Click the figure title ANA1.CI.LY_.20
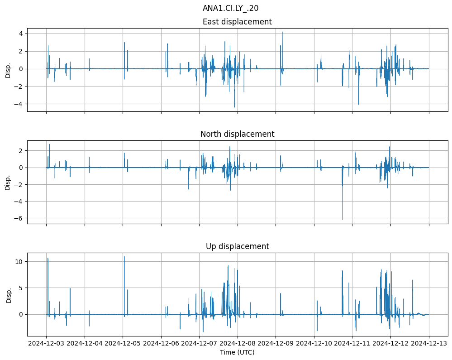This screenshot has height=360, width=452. point(230,8)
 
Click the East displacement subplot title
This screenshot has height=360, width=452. point(237,22)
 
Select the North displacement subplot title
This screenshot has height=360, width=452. point(237,134)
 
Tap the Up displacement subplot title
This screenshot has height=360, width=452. point(237,246)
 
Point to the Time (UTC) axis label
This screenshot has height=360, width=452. point(237,352)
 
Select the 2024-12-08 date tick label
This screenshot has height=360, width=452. point(238,344)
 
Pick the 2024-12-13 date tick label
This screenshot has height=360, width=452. point(429,344)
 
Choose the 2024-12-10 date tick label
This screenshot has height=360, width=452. point(314,344)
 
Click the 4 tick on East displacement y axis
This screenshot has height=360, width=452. point(21,34)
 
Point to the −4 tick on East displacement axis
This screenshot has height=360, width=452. point(19,104)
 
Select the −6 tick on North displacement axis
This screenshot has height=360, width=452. point(19,218)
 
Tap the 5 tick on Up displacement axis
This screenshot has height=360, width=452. point(21,288)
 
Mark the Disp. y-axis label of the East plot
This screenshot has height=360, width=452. point(8,70)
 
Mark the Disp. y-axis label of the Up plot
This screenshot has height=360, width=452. point(8,294)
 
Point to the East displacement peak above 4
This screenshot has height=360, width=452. point(282,32)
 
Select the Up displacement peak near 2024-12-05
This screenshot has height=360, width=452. point(124,257)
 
